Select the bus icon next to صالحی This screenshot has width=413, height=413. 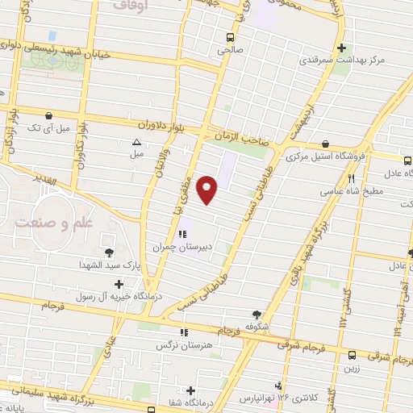click(232, 37)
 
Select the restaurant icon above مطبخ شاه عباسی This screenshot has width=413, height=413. click(351, 178)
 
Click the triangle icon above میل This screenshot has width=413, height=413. click(136, 143)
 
